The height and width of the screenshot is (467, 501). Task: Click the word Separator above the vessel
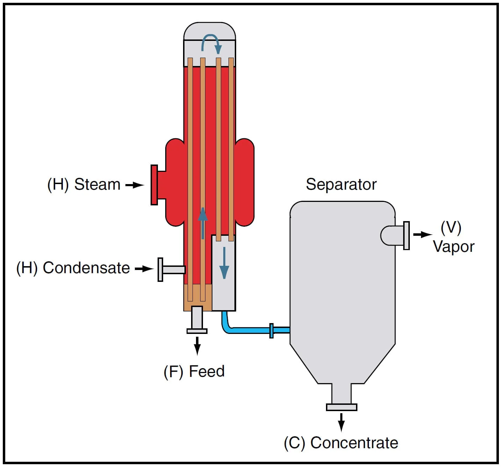click(341, 184)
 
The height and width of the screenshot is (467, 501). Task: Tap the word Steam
click(97, 184)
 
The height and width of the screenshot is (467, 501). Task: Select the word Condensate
click(86, 268)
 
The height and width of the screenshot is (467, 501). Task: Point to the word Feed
click(206, 371)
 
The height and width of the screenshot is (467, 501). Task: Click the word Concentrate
click(354, 443)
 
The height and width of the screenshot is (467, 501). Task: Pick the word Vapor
click(453, 247)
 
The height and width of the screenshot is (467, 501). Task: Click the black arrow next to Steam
click(135, 185)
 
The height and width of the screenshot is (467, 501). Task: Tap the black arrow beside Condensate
click(144, 269)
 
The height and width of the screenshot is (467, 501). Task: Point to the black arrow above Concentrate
click(341, 422)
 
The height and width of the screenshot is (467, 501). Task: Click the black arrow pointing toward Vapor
click(422, 234)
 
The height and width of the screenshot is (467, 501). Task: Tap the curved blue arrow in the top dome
click(211, 43)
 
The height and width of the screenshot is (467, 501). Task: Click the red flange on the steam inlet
click(154, 185)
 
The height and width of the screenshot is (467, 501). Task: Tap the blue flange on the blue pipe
click(271, 330)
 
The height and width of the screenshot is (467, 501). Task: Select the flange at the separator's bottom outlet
click(341, 407)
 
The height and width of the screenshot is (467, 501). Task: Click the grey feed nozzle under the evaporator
click(197, 319)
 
